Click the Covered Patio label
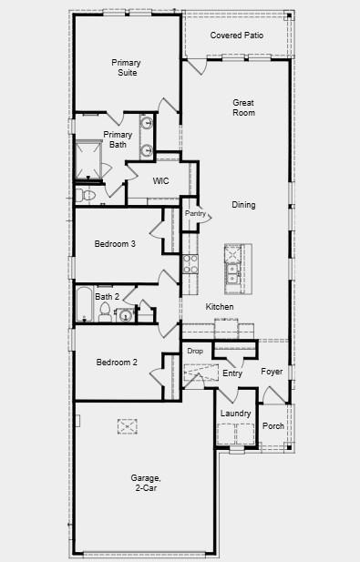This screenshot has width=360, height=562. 236,35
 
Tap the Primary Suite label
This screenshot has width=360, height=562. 126,67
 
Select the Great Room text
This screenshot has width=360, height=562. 243,107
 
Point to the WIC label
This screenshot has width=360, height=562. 161,181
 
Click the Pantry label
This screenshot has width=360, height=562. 195,213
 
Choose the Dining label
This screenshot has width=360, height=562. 243,205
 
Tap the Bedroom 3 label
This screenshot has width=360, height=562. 116,243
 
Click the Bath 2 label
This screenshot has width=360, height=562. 107,296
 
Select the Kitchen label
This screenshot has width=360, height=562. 220,307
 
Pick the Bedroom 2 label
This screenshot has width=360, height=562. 117,363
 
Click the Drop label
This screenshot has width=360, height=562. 195,351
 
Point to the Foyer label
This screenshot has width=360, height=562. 272,372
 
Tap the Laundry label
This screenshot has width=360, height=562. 235,414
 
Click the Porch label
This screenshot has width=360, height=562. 273,425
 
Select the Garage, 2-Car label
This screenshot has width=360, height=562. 146,483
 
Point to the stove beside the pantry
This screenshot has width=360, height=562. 190,264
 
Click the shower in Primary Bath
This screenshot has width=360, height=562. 88,158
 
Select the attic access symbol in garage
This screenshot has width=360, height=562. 128,425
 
